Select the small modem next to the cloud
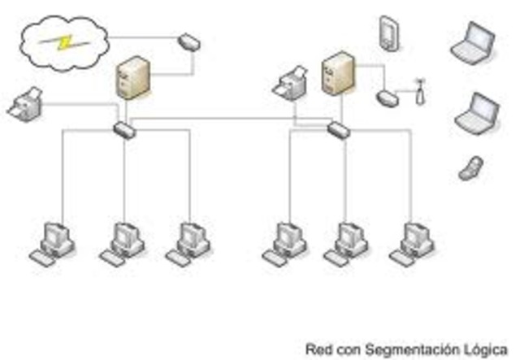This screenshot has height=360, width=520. click(187, 39)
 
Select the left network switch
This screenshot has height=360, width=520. click(124, 128)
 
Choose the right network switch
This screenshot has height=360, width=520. click(337, 128)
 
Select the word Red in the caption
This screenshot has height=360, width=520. click(316, 349)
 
